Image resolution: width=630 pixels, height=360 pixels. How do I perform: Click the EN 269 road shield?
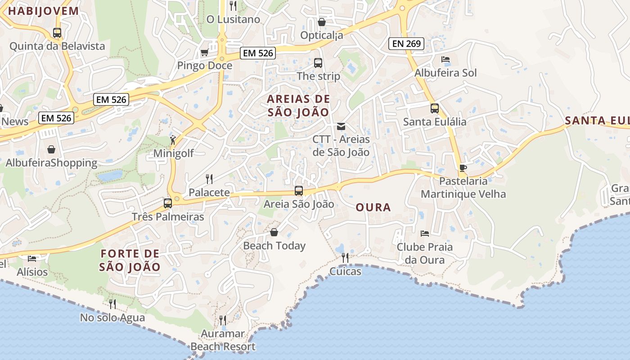point(406,44)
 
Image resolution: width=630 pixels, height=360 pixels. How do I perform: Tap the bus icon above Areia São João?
point(299,191)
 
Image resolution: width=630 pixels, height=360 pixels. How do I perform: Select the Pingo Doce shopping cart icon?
point(204,53)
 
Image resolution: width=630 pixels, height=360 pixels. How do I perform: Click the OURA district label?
point(373,207)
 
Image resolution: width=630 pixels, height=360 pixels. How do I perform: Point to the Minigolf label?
point(174,153)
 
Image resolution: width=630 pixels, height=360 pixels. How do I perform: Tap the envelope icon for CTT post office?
point(341,126)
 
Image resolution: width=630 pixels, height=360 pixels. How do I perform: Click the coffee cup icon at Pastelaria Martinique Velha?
point(463,168)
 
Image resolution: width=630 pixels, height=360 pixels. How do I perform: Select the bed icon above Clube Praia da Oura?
point(424,234)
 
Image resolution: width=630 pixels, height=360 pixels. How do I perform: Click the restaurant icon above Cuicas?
point(345,258)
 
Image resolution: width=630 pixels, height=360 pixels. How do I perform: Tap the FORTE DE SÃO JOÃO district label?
point(130,260)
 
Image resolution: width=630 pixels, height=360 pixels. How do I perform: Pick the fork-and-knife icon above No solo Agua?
point(112,304)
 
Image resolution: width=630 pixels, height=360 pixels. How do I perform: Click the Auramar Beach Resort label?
point(223,340)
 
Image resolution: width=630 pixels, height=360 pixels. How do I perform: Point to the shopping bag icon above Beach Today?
point(274,232)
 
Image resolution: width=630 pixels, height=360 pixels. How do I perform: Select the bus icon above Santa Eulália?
point(434,108)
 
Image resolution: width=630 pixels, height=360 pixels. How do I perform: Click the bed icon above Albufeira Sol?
point(445,59)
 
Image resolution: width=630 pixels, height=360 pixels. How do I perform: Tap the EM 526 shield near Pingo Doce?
point(257,53)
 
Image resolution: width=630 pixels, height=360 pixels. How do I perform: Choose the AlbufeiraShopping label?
point(51,163)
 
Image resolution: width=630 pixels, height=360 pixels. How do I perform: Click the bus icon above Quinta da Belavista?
point(57,33)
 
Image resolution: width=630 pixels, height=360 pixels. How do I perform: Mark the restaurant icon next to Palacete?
point(209,179)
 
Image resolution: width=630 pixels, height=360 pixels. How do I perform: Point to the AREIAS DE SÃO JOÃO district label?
point(298,106)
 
